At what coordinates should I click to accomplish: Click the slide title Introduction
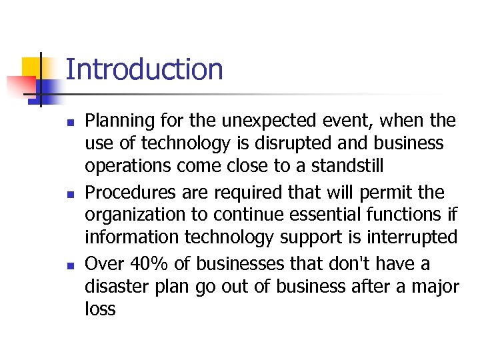click(144, 69)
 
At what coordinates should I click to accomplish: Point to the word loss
click(100, 309)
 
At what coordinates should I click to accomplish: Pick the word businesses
click(245, 264)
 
